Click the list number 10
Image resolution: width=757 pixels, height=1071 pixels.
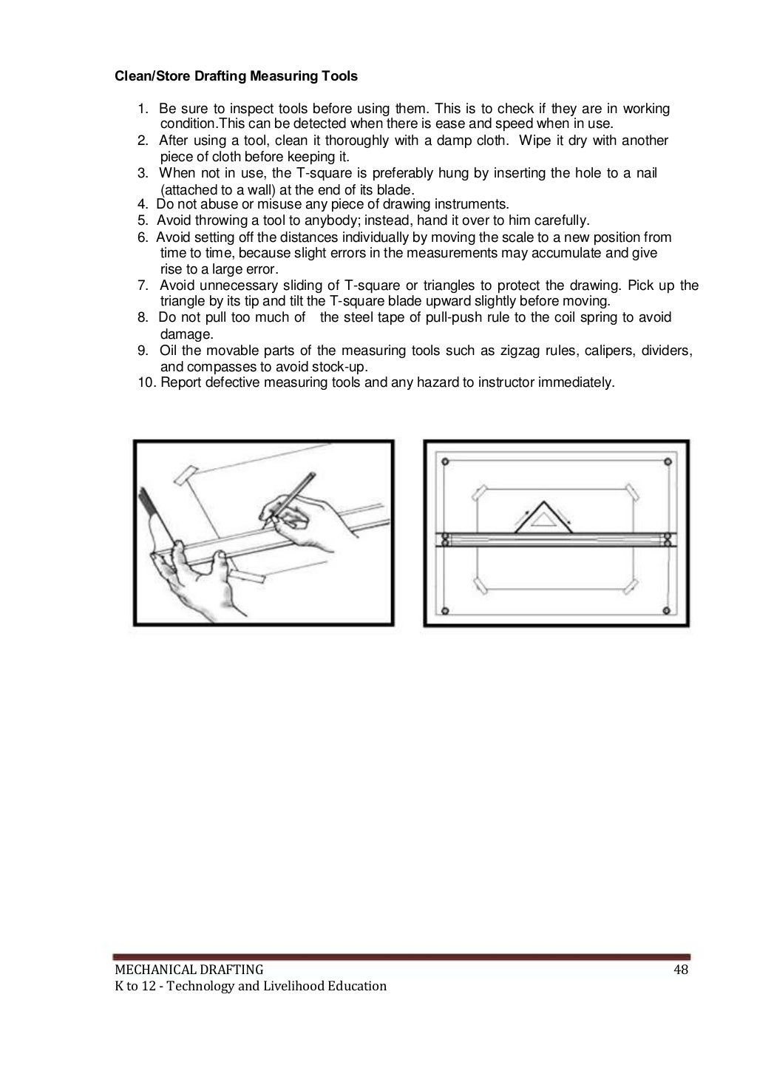click(x=146, y=382)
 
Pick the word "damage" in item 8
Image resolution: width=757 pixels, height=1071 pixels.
click(x=185, y=334)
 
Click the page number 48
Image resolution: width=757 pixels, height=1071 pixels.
click(x=680, y=970)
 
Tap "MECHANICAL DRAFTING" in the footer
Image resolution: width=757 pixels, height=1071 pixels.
click(x=189, y=970)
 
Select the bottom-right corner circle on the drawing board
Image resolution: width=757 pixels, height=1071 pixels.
click(x=668, y=611)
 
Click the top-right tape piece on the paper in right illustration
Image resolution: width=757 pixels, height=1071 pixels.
click(x=631, y=492)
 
